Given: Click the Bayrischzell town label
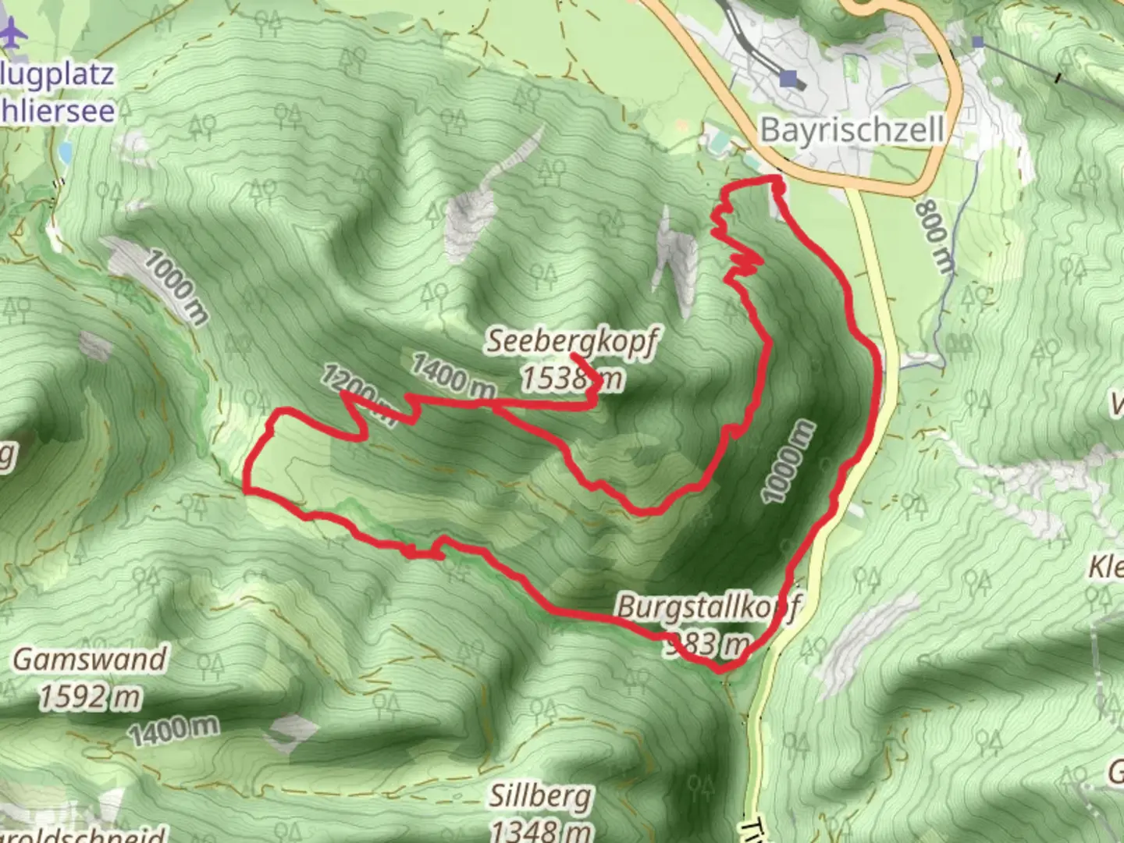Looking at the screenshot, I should click(x=852, y=130).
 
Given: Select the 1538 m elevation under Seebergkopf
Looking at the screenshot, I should click(x=572, y=379).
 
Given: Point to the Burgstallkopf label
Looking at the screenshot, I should click(x=707, y=608).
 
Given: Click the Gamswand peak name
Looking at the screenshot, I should click(x=90, y=660).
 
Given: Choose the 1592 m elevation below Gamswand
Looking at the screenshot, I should click(x=90, y=696).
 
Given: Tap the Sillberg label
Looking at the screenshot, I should click(x=541, y=797).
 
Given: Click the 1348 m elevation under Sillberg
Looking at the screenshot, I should click(x=541, y=829).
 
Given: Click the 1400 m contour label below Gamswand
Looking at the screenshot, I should click(x=173, y=731).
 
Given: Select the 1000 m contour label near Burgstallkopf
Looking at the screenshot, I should click(x=789, y=461).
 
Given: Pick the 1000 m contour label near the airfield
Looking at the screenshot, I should click(x=177, y=286).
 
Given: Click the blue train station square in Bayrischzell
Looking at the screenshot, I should click(x=790, y=79).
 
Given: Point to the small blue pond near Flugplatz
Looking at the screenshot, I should click(x=64, y=151).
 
